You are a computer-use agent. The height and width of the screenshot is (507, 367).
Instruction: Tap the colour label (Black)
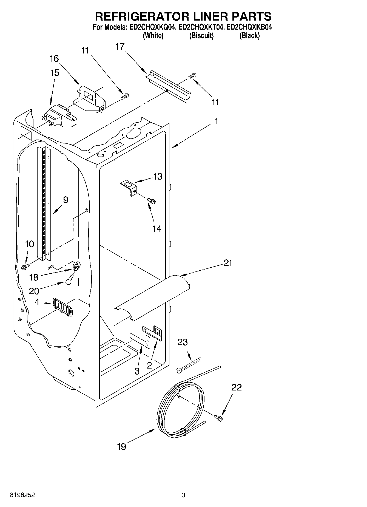[249, 36]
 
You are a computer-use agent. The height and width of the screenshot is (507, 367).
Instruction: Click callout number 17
[120, 47]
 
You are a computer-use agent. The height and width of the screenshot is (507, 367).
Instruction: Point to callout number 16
[54, 58]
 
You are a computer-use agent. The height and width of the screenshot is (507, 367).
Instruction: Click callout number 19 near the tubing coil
[121, 447]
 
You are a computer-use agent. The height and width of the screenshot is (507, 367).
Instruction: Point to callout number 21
[228, 263]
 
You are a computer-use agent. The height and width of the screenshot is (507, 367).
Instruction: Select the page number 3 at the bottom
[183, 495]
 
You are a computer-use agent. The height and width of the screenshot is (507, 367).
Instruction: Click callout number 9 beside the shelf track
[66, 200]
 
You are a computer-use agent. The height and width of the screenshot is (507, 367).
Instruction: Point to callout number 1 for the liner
[216, 121]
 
